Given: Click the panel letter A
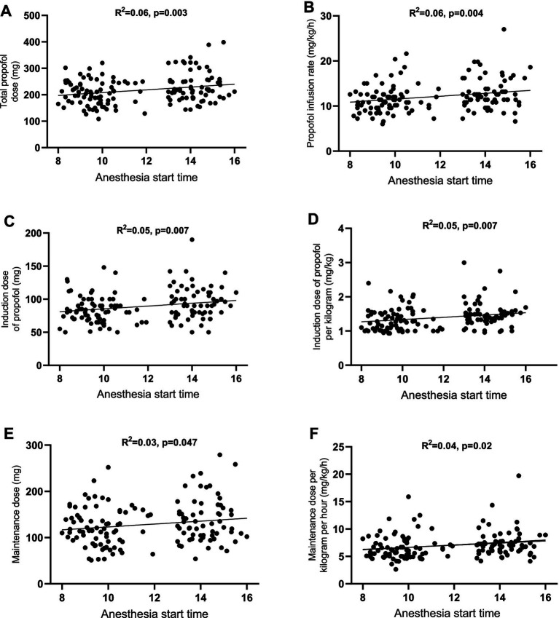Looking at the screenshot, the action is coord(7,11).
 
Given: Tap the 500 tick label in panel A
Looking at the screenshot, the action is coord(32,16).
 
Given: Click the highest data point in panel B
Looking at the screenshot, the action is coord(504,29).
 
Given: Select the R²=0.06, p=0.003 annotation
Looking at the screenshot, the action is coord(151,12).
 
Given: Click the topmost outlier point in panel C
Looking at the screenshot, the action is coord(192,239).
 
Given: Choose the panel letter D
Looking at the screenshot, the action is coord(313,219).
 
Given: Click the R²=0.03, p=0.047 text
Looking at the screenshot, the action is coord(159,443).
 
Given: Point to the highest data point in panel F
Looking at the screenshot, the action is coord(519,476).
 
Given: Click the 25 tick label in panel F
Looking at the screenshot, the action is coord(337,447).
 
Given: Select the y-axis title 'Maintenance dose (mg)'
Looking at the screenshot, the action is coord(16,515).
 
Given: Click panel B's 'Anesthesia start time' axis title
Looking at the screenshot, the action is coord(440,181).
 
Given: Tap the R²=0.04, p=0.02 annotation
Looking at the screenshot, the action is coord(457,445).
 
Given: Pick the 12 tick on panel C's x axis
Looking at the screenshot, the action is coord(148,379).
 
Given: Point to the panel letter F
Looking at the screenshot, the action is coord(314,434).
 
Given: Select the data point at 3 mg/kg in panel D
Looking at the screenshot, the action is coord(464,263).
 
